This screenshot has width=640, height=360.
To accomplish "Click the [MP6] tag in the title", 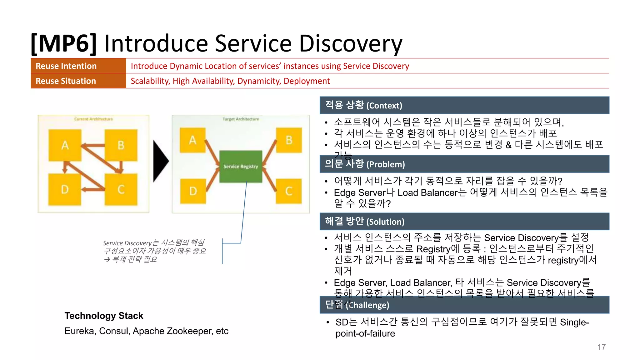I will click(64, 44).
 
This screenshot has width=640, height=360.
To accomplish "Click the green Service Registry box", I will click(241, 167).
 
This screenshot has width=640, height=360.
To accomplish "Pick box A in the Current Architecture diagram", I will click(65, 145).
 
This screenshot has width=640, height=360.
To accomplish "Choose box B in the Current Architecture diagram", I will click(121, 145).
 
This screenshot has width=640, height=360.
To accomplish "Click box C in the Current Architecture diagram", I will click(121, 189).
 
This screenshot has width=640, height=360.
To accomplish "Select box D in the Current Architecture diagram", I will click(65, 189).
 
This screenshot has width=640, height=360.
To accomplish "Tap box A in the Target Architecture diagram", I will click(192, 140).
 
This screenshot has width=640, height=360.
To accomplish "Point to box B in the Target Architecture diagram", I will click(289, 140).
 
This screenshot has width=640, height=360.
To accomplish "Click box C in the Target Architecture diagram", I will click(289, 191).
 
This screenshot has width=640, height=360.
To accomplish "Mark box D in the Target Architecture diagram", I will click(193, 191).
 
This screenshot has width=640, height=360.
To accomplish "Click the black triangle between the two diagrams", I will click(160, 161).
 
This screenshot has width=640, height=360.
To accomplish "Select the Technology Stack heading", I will click(104, 316).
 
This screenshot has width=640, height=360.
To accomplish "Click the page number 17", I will click(601, 347).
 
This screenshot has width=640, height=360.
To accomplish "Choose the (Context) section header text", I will click(384, 106).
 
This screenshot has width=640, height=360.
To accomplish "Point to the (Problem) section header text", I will click(385, 164).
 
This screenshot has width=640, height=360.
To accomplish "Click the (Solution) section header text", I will click(385, 222).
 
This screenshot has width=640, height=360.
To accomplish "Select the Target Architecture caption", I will click(241, 119).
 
